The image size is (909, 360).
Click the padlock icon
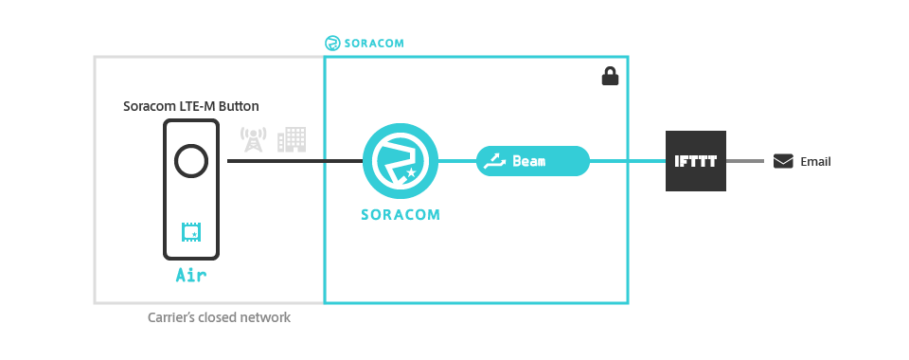[x=610, y=77]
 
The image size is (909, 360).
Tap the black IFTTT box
[x=695, y=161]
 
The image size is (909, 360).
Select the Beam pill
[x=532, y=161]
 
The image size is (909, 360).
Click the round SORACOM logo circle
[x=401, y=161]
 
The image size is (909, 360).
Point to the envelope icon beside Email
[x=783, y=161]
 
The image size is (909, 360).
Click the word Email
[x=815, y=162]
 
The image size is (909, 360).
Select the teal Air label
[x=191, y=277]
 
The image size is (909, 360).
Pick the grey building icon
[x=292, y=140]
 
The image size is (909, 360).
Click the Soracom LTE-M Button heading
[x=190, y=106]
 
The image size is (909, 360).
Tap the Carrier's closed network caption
[x=219, y=318]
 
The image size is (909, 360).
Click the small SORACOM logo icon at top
[x=332, y=43]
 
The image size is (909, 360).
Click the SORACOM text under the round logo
[x=401, y=214]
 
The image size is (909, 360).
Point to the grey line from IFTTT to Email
[x=745, y=161]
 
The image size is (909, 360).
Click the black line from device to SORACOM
[x=294, y=161]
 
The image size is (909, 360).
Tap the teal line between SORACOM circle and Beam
[x=456, y=161]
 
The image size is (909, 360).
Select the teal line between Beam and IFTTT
[x=627, y=161]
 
